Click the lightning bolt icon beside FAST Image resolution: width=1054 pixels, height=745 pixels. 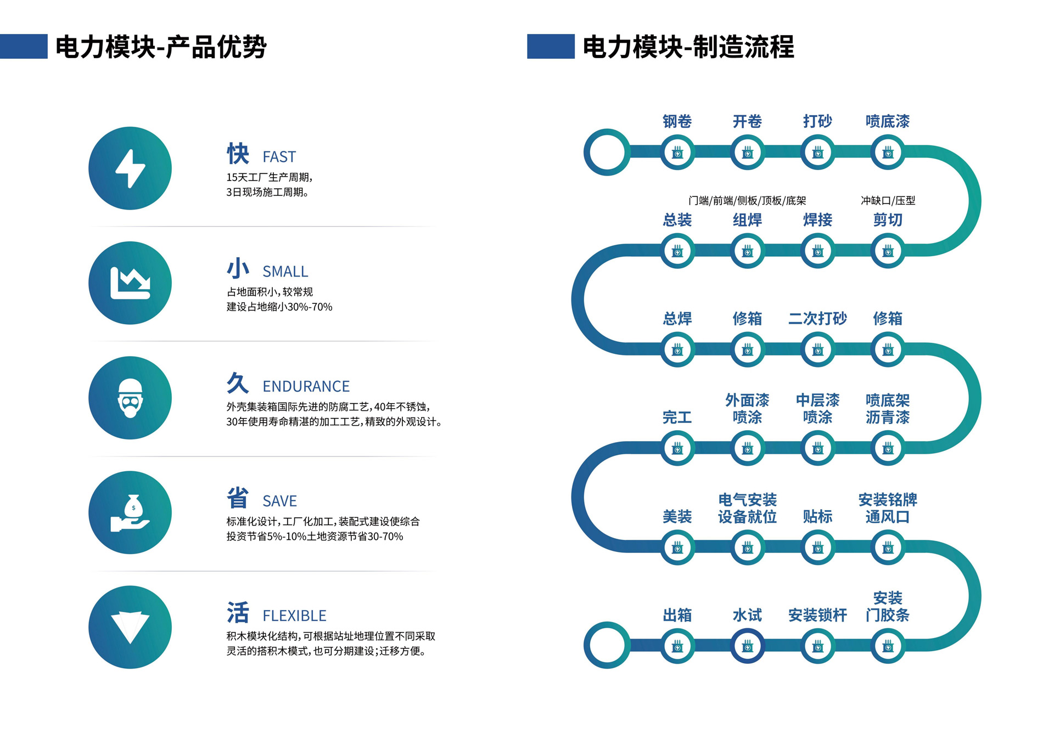click(130, 168)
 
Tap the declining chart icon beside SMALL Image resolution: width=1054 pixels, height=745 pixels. click(130, 283)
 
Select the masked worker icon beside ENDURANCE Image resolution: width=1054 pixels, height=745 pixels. click(130, 398)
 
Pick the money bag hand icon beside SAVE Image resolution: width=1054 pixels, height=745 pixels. click(130, 512)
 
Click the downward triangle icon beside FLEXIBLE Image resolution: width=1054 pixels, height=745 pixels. click(130, 627)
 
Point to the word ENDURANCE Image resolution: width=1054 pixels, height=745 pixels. click(306, 386)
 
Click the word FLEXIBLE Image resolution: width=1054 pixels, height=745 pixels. click(294, 616)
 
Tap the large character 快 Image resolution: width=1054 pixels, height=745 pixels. click(238, 154)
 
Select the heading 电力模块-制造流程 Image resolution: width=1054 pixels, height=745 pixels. click(688, 47)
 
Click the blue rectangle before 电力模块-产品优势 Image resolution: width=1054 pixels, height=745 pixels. click(24, 46)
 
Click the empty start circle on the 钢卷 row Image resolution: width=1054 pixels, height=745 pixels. click(607, 152)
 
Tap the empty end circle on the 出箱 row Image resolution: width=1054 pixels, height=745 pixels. click(607, 645)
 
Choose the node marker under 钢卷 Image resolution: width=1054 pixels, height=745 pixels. click(677, 153)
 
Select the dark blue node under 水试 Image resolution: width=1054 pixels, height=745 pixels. click(747, 646)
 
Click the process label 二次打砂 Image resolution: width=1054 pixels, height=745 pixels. click(817, 318)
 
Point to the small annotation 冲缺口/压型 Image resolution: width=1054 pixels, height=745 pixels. click(888, 201)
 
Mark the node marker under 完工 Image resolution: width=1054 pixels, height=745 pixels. click(677, 448)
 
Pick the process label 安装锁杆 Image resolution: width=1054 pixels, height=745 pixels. click(817, 615)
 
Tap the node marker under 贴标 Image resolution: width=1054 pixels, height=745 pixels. click(817, 548)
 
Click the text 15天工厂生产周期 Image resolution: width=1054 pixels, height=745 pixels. click(269, 177)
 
